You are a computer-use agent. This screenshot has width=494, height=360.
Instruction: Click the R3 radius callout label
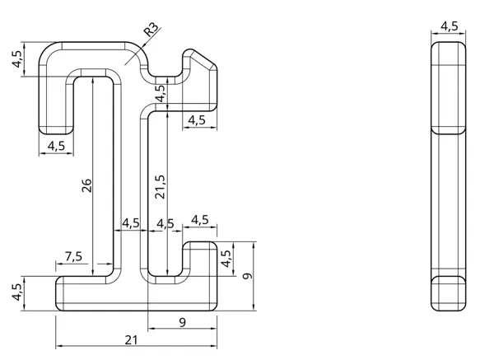tap(151, 30)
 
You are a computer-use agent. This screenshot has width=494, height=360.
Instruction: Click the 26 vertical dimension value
tap(86, 185)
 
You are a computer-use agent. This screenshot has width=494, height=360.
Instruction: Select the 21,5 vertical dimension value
tap(160, 187)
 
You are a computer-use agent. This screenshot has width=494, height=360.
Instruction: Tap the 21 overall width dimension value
tap(132, 340)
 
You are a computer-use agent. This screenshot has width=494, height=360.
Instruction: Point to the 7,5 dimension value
tap(74, 256)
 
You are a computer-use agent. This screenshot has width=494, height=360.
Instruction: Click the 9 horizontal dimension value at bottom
tap(183, 322)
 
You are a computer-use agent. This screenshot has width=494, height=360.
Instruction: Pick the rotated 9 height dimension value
tap(248, 276)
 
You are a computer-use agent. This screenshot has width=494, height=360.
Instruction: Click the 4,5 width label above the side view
tap(450, 26)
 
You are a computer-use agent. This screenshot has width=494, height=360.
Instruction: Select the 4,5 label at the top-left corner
tap(16, 59)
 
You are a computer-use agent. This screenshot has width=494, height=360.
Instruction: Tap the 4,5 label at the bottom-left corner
tap(16, 292)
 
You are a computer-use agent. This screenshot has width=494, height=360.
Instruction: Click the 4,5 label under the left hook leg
tap(56, 146)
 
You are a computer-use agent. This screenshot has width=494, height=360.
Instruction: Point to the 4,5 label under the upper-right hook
tap(197, 120)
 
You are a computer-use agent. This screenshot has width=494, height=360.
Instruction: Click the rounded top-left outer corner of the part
tap(45, 49)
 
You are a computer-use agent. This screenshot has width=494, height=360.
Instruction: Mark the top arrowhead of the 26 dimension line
tap(92, 80)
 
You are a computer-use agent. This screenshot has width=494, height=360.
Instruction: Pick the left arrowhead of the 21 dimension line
tap(59, 346)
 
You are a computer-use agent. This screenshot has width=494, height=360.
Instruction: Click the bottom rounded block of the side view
tap(449, 293)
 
